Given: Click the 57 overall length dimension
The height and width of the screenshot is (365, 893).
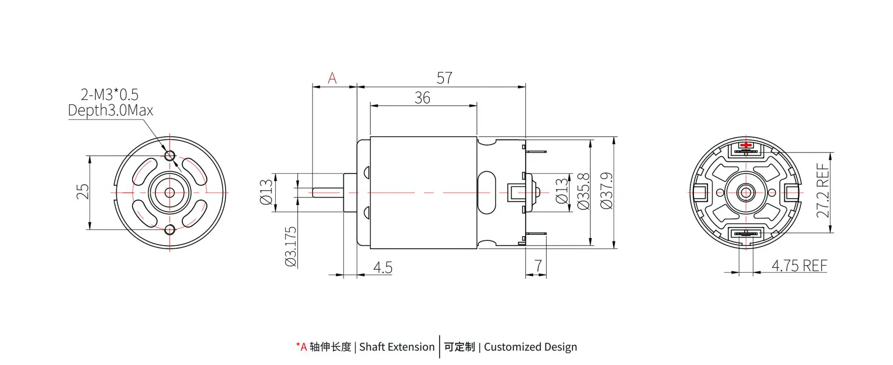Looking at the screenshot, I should pos(444,78).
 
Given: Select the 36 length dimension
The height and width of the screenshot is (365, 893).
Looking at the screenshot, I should pos(422,98).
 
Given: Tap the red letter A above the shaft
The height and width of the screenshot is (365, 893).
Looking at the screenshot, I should pos(332,78).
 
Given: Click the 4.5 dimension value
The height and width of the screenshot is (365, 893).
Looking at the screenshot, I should pos(383,267).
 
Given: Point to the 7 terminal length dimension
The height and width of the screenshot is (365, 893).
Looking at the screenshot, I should pos(538,265).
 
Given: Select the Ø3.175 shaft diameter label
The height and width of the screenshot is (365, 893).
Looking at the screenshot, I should pos(291,246).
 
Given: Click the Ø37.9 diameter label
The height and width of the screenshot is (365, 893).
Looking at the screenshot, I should pos(606,191).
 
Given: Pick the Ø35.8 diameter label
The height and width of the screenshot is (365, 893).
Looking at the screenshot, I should pos(583,191).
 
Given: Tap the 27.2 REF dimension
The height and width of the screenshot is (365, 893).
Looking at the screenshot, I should pos(823,191).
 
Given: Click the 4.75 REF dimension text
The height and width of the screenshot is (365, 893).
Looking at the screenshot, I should pos(799,265).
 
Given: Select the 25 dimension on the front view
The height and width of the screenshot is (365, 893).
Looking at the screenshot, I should pos(82,192).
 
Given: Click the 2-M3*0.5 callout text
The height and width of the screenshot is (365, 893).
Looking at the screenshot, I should pos(110,95).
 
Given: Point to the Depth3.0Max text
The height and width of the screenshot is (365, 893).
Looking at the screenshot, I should pos(110,110).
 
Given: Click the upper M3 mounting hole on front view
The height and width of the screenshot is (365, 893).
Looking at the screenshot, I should pos(170,155).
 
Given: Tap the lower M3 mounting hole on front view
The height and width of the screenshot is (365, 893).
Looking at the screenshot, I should pos(170,229).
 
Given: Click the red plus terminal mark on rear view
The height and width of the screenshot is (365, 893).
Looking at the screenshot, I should pos(746,145).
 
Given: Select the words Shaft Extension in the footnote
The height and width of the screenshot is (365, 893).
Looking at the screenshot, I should pos(397,347).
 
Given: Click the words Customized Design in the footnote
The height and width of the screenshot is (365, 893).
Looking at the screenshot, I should pos(530,347).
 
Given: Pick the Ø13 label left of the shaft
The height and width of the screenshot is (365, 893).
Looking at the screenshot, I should pos(266,192).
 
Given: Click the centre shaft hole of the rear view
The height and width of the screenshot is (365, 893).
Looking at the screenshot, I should pos(746,192).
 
